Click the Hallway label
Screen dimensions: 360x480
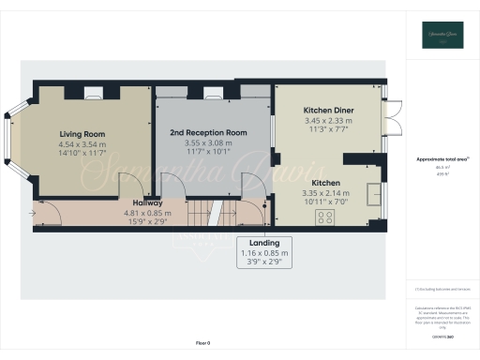click(x=147, y=202)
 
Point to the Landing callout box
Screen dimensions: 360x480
click(x=263, y=251)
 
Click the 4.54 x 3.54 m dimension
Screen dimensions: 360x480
click(x=82, y=144)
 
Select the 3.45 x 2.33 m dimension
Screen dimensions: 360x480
click(x=328, y=120)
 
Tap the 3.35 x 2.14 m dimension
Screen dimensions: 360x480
click(x=327, y=192)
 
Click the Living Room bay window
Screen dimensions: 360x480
click(x=12, y=140)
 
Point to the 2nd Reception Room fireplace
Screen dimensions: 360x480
click(x=212, y=92)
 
